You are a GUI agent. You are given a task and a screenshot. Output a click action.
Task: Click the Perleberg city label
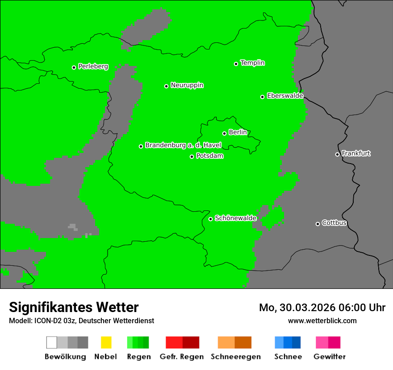[x=93, y=66]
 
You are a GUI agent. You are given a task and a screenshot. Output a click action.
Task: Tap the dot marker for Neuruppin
[x=166, y=86]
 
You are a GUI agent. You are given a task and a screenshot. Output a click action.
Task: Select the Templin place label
[x=252, y=63]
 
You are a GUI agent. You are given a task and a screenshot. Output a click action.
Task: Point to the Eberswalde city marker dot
[x=262, y=97]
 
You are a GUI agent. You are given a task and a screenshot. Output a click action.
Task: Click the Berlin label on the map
[x=238, y=132]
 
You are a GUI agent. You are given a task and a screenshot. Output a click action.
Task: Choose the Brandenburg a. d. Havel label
[x=183, y=145]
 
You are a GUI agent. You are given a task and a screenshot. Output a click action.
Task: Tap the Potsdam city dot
[x=192, y=156]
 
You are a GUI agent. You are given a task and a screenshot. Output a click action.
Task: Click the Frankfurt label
[x=356, y=153]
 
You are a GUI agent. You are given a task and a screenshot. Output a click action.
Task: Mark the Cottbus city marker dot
[x=318, y=224]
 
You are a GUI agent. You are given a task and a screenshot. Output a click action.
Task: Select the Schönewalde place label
[x=236, y=218]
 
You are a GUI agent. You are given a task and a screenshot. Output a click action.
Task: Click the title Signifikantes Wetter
[x=74, y=307]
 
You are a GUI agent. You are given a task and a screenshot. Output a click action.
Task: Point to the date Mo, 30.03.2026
[x=297, y=308]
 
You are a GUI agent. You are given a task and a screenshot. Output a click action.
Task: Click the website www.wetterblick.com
[x=322, y=321]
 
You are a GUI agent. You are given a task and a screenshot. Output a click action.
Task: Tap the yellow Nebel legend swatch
[x=106, y=342]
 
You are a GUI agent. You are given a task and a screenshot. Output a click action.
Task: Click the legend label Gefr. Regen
[x=182, y=357]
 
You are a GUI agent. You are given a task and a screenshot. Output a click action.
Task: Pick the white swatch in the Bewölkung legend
[x=52, y=342]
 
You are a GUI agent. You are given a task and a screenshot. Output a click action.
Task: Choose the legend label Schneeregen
[x=235, y=357]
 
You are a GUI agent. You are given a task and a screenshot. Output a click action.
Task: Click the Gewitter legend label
[x=329, y=357]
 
